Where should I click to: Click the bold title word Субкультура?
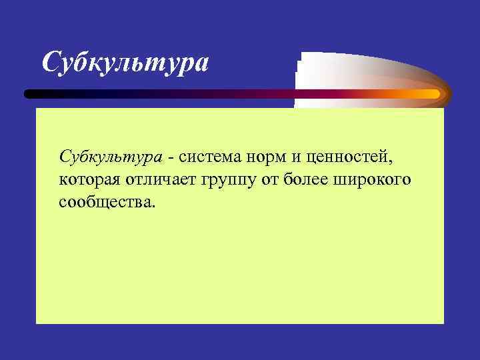[x=125, y=63]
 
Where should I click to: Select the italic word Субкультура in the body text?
[x=111, y=157]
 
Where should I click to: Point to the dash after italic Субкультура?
[x=172, y=159]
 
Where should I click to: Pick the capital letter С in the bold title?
[x=52, y=63]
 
